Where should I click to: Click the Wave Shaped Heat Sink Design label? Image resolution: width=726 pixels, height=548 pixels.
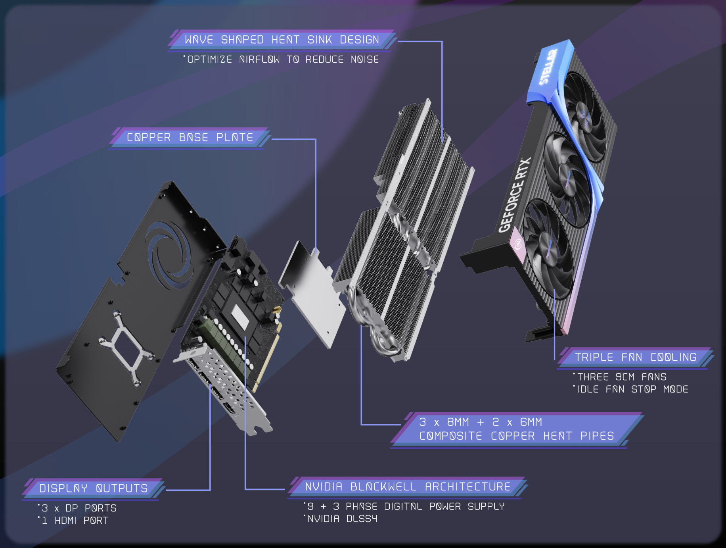pos(282,40)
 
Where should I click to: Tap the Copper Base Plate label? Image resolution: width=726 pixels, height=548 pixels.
pos(190,137)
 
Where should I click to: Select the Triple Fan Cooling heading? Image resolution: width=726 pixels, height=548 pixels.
pos(636,357)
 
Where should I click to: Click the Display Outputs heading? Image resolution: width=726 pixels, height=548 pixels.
pos(94,488)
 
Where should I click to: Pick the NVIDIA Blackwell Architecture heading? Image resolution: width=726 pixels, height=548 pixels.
pos(408,486)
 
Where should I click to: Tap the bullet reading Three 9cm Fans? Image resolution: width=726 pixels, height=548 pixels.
pos(620,377)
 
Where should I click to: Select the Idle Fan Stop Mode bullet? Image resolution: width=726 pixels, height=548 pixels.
pos(631,389)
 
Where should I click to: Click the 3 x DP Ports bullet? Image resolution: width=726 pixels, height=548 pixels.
pos(77,508)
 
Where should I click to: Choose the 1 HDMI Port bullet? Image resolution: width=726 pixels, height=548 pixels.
pos(73,520)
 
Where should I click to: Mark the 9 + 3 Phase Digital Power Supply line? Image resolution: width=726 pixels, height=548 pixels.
pos(404,506)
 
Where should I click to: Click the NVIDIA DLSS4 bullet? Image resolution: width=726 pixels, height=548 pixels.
pos(341,519)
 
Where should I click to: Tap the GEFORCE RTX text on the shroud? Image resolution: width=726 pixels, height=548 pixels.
pos(514,195)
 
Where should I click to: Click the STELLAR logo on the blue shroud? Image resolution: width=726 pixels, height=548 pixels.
pos(548,67)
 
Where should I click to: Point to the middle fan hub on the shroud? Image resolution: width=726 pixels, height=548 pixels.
pos(568,179)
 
